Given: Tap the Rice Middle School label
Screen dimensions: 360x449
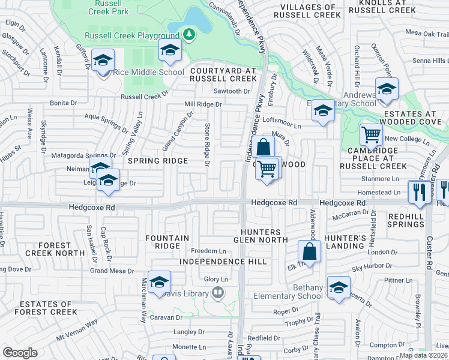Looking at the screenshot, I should [149, 73].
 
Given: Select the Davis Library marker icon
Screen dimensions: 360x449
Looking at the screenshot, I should [217, 294].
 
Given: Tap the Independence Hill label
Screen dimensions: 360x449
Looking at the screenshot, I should [223, 262].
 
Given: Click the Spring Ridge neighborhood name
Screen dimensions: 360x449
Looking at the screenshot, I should [158, 161].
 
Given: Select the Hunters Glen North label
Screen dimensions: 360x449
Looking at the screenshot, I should [261, 236].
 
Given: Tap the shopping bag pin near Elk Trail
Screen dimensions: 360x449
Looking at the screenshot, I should [309, 251].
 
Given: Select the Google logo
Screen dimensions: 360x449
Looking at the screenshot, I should [20, 353].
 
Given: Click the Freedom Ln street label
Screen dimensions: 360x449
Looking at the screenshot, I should [208, 251].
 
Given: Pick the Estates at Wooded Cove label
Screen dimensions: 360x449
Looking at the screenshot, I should [415, 118].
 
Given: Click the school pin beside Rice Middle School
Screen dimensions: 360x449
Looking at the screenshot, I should [104, 61].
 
